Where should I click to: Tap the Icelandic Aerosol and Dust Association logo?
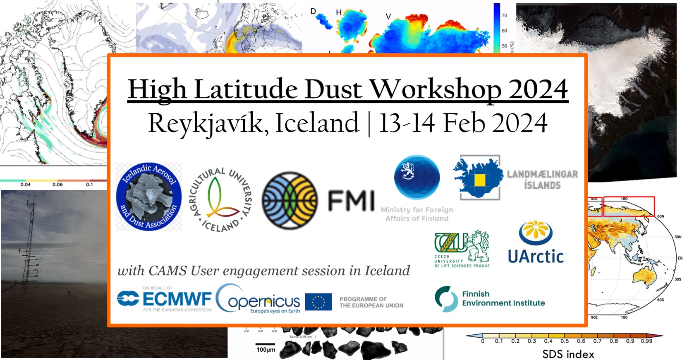tap(149, 197)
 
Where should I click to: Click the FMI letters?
tap(351, 201)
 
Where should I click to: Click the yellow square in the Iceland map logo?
tap(479, 180)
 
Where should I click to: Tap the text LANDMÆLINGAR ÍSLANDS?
tap(542, 180)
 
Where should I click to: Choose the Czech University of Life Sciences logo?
tap(462, 248)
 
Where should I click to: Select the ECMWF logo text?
tap(177, 298)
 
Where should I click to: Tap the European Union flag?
tap(318, 302)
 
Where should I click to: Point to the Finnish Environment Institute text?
tap(503, 298)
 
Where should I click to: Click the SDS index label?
tap(568, 354)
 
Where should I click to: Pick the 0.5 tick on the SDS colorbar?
tap(565, 341)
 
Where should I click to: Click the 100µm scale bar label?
tap(266, 350)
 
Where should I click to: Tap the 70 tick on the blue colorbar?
tap(504, 15)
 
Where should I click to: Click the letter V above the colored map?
tap(388, 17)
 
